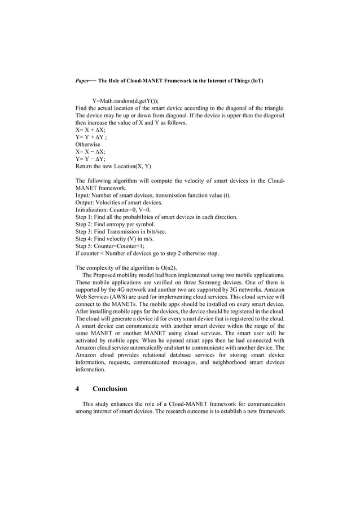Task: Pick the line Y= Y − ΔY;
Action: [x=91, y=159]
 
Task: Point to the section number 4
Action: [x=77, y=389]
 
